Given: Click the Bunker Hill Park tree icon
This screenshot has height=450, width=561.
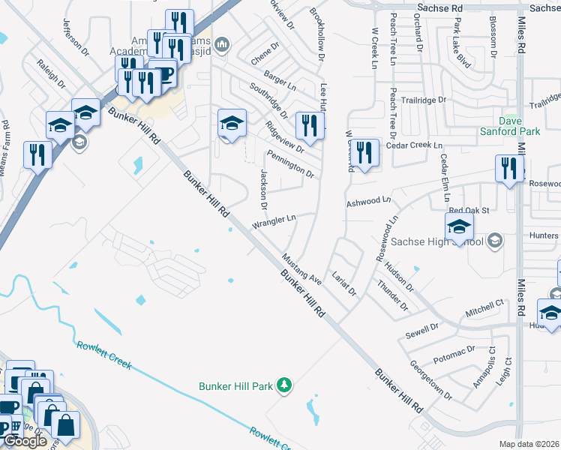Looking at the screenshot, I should pos(283,385).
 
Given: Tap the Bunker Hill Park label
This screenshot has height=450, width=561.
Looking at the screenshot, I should pos(235,386).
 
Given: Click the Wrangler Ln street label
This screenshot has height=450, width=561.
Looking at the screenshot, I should pos(274,220).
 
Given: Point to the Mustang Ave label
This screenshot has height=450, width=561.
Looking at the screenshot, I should pos(301,270).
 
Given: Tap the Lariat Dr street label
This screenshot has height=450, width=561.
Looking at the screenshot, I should pos(344,283).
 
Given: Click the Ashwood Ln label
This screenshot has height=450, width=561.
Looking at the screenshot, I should pos(368,202).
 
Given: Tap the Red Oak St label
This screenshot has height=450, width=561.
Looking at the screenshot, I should pos(469,211).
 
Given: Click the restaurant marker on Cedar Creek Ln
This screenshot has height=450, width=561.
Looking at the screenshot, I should pos(364,154).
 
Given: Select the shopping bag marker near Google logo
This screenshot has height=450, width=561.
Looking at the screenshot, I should pos(65,424).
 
